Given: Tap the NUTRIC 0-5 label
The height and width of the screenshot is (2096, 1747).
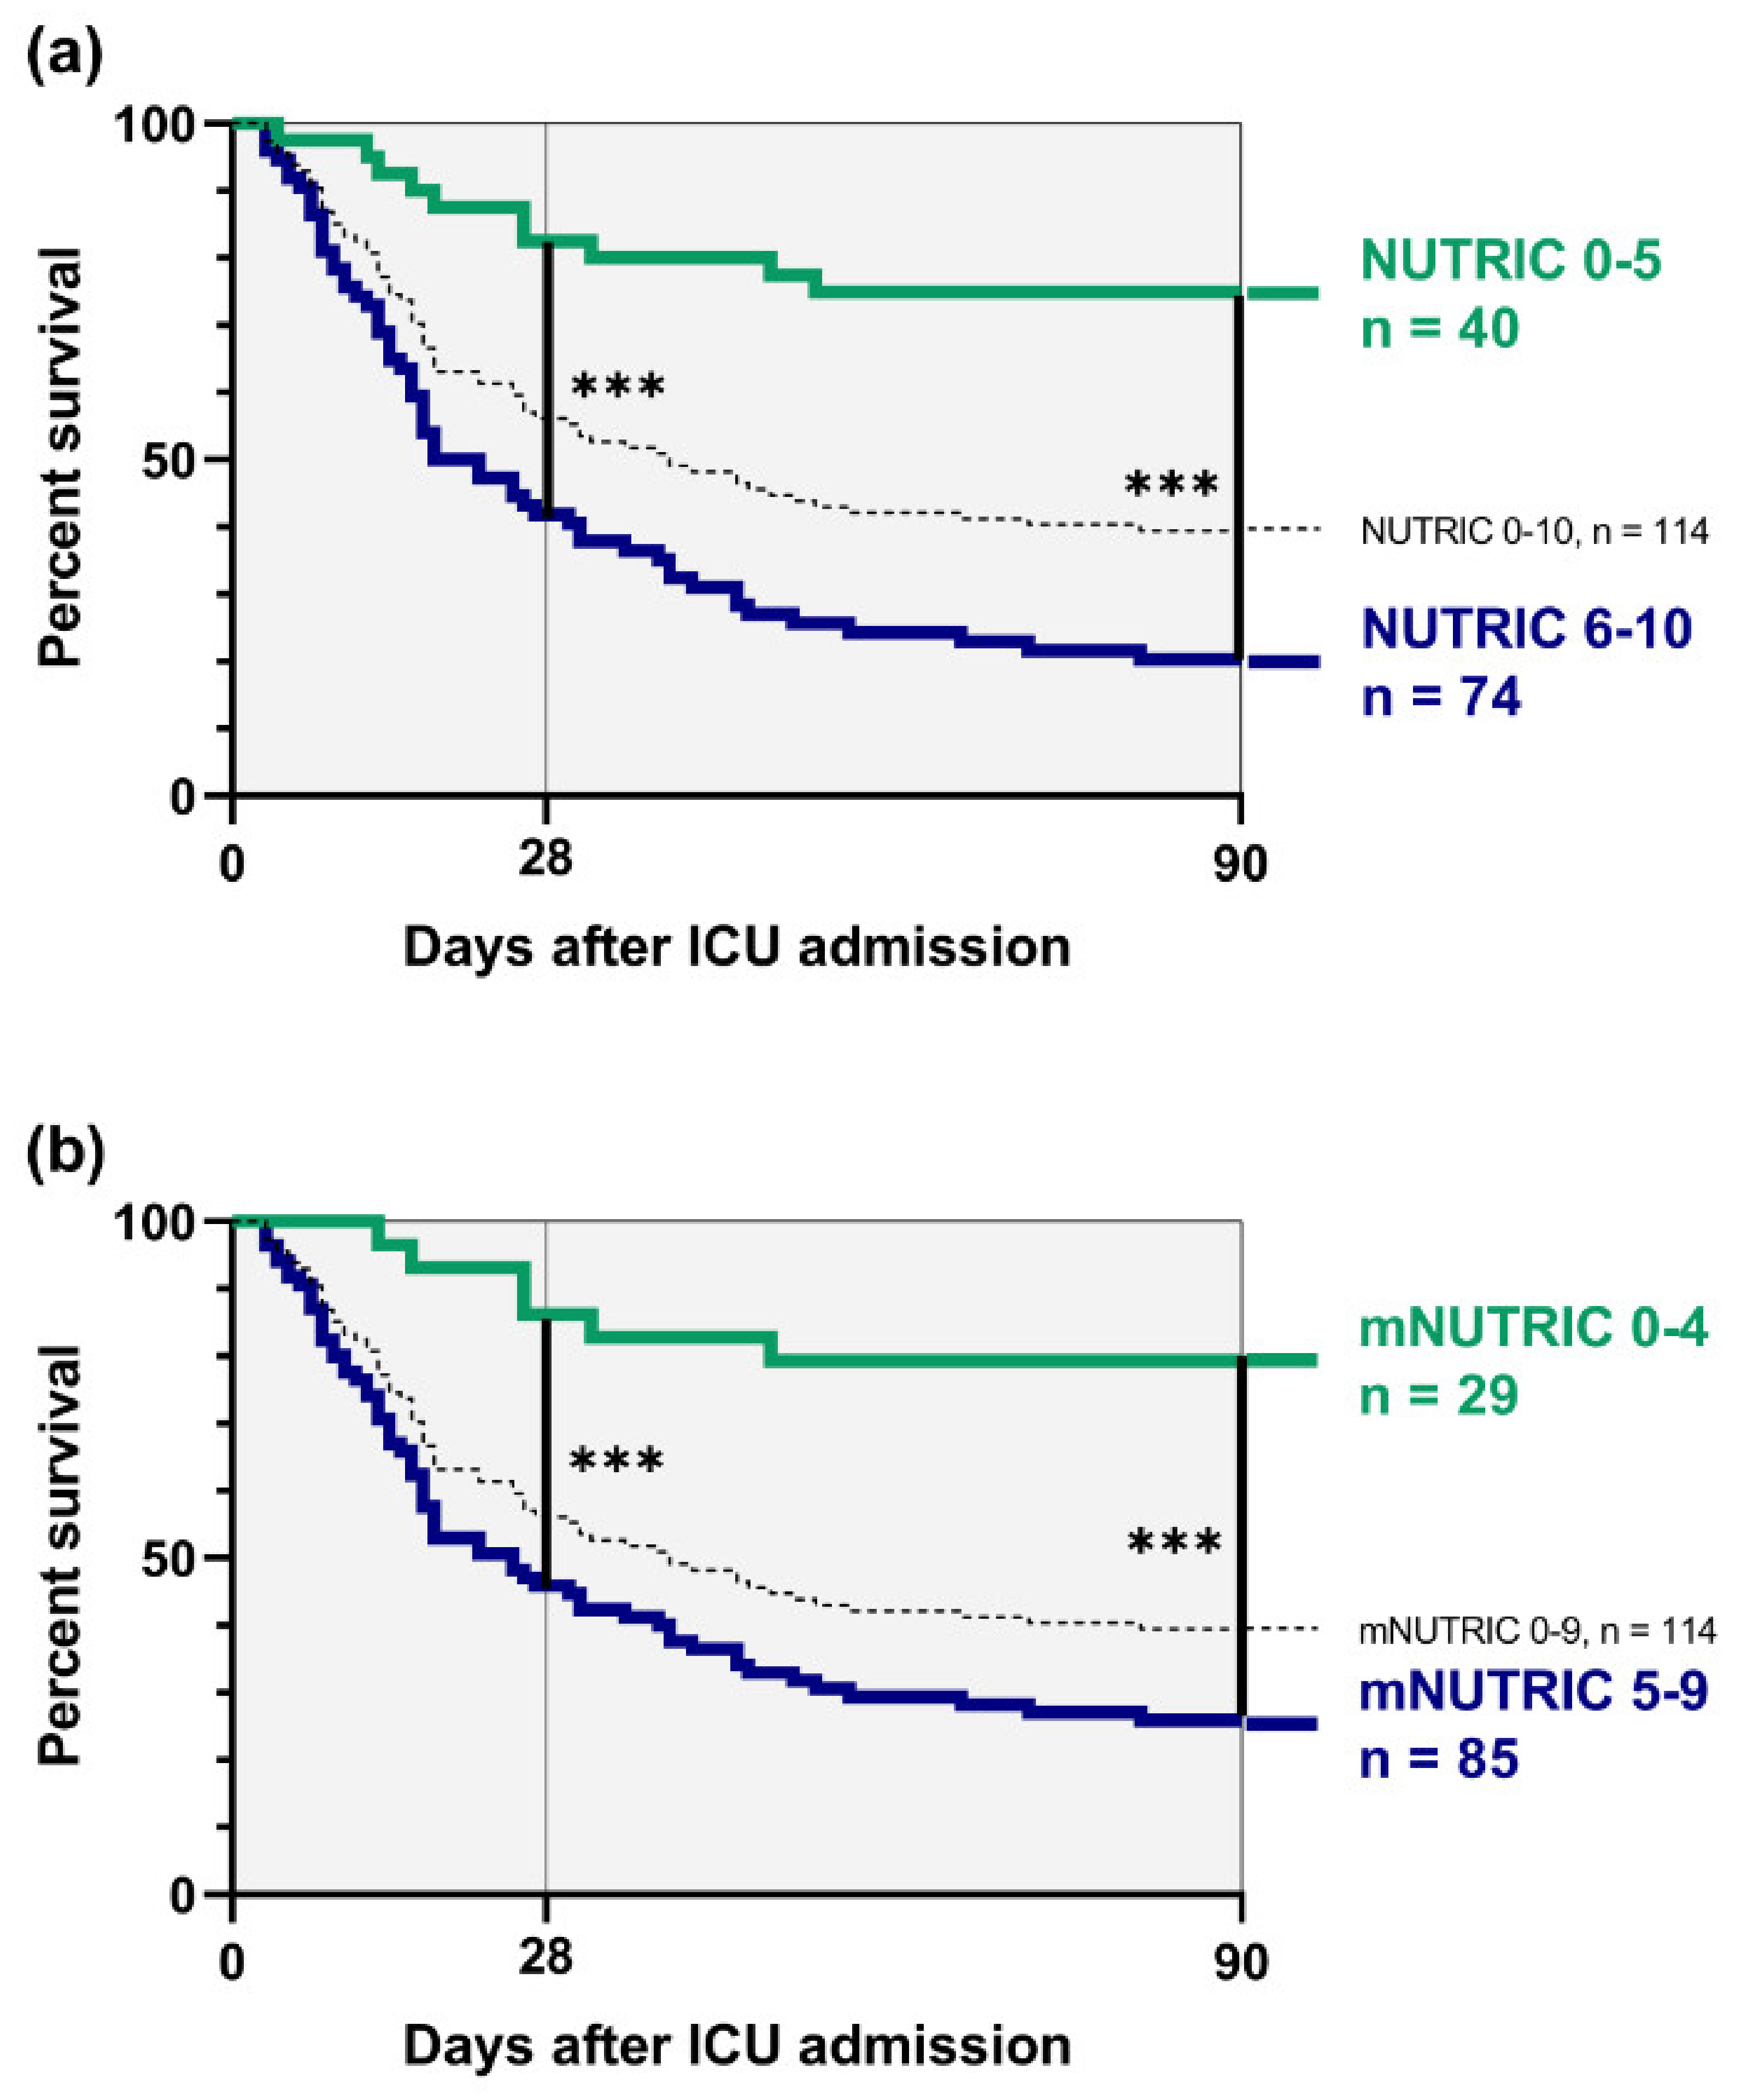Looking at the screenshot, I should tap(1510, 261).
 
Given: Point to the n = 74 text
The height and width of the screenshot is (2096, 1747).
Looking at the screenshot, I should tap(1441, 696).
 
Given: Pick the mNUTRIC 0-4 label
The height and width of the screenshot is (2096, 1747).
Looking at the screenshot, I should tap(1533, 1327).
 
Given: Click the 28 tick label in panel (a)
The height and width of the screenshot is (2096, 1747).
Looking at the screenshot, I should tap(545, 858).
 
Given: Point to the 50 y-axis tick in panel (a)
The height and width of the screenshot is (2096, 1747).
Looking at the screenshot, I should tap(168, 460).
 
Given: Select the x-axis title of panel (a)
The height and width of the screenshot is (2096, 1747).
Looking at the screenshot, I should tap(736, 946).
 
